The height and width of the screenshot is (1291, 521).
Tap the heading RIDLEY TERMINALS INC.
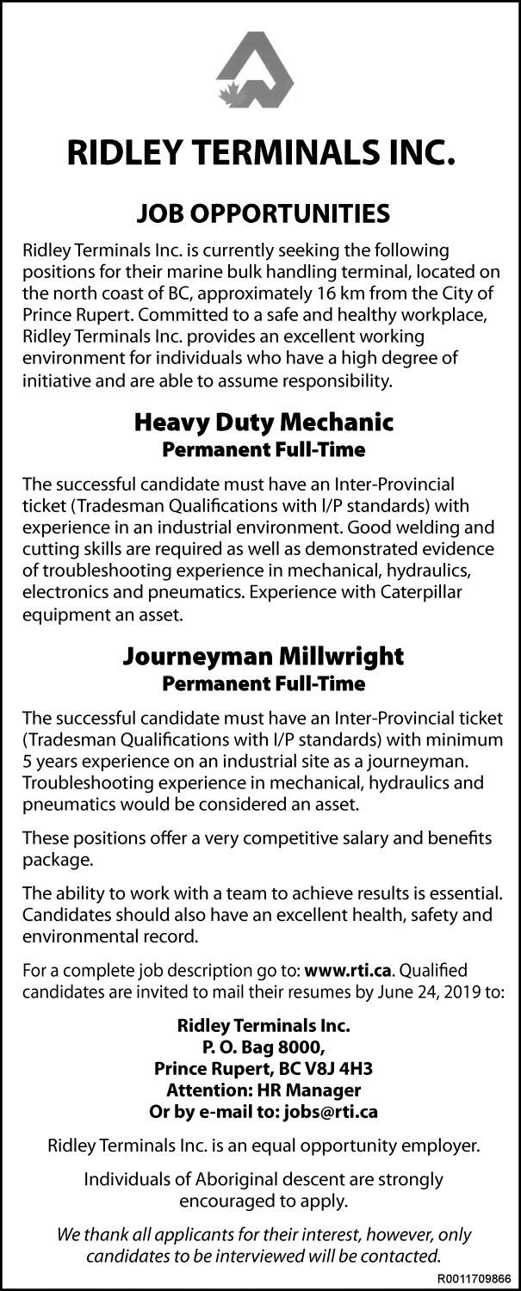(x=260, y=156)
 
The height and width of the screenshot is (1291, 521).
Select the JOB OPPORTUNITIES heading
(x=260, y=213)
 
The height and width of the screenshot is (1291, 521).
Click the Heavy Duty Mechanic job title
(x=264, y=423)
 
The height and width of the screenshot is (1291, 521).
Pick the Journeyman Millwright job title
(x=264, y=657)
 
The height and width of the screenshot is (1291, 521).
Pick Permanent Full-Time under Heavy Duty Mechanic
(x=264, y=449)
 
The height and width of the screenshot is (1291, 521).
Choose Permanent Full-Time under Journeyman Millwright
(x=264, y=683)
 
